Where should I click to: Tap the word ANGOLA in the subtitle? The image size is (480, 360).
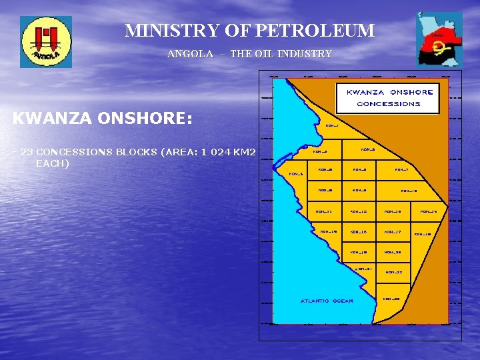click(191, 54)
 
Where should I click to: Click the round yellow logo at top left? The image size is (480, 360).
click(46, 41)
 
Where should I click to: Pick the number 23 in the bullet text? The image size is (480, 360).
click(27, 152)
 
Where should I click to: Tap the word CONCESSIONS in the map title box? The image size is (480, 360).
click(389, 104)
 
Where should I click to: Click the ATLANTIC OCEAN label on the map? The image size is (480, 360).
click(327, 301)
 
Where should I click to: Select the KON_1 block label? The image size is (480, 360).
click(331, 125)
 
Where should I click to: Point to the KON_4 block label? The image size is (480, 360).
click(296, 175)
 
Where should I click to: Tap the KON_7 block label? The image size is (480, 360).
click(401, 169)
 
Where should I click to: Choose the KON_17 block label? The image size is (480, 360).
click(392, 232)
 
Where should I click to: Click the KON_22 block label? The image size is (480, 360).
click(394, 273)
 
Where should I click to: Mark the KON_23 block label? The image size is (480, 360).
click(391, 299)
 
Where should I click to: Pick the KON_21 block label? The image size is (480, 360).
click(363, 269)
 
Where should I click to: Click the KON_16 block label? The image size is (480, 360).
click(359, 232)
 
